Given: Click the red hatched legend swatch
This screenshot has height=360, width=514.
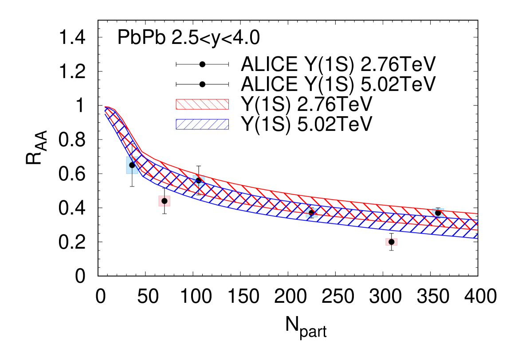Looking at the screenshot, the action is (x=202, y=104).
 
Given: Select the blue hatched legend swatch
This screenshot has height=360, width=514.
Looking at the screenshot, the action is (x=202, y=124).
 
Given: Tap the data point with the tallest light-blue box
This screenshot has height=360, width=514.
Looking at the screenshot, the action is (x=132, y=165).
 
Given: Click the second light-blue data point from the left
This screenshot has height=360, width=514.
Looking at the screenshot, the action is (x=199, y=180).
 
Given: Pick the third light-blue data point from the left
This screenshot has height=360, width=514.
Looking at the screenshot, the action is (x=312, y=213).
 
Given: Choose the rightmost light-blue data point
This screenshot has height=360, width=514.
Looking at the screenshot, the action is (x=438, y=213).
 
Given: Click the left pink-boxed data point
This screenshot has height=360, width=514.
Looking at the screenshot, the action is (x=165, y=201).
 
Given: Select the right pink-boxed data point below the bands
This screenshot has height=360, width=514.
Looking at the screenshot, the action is (x=392, y=242).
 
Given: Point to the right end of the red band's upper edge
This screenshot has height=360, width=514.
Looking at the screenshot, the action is (x=477, y=214).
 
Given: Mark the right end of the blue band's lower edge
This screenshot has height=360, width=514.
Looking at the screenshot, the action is (x=477, y=238).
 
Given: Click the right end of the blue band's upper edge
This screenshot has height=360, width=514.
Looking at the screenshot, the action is (x=477, y=220).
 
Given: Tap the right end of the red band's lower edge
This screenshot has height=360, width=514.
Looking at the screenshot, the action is (x=477, y=230).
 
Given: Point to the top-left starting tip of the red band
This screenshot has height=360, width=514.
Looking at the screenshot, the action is (x=105, y=107).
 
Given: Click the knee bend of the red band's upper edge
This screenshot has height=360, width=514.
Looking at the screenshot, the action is (x=142, y=152).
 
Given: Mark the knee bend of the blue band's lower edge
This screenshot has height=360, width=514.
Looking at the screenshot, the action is (x=143, y=175).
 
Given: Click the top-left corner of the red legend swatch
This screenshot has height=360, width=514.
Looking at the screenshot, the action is (x=176, y=99).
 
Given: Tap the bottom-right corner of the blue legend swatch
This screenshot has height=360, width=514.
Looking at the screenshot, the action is (x=228, y=129).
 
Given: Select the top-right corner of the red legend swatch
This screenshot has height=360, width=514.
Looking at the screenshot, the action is (x=228, y=99).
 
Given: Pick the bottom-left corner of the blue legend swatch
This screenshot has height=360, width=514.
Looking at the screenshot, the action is (x=176, y=129).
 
